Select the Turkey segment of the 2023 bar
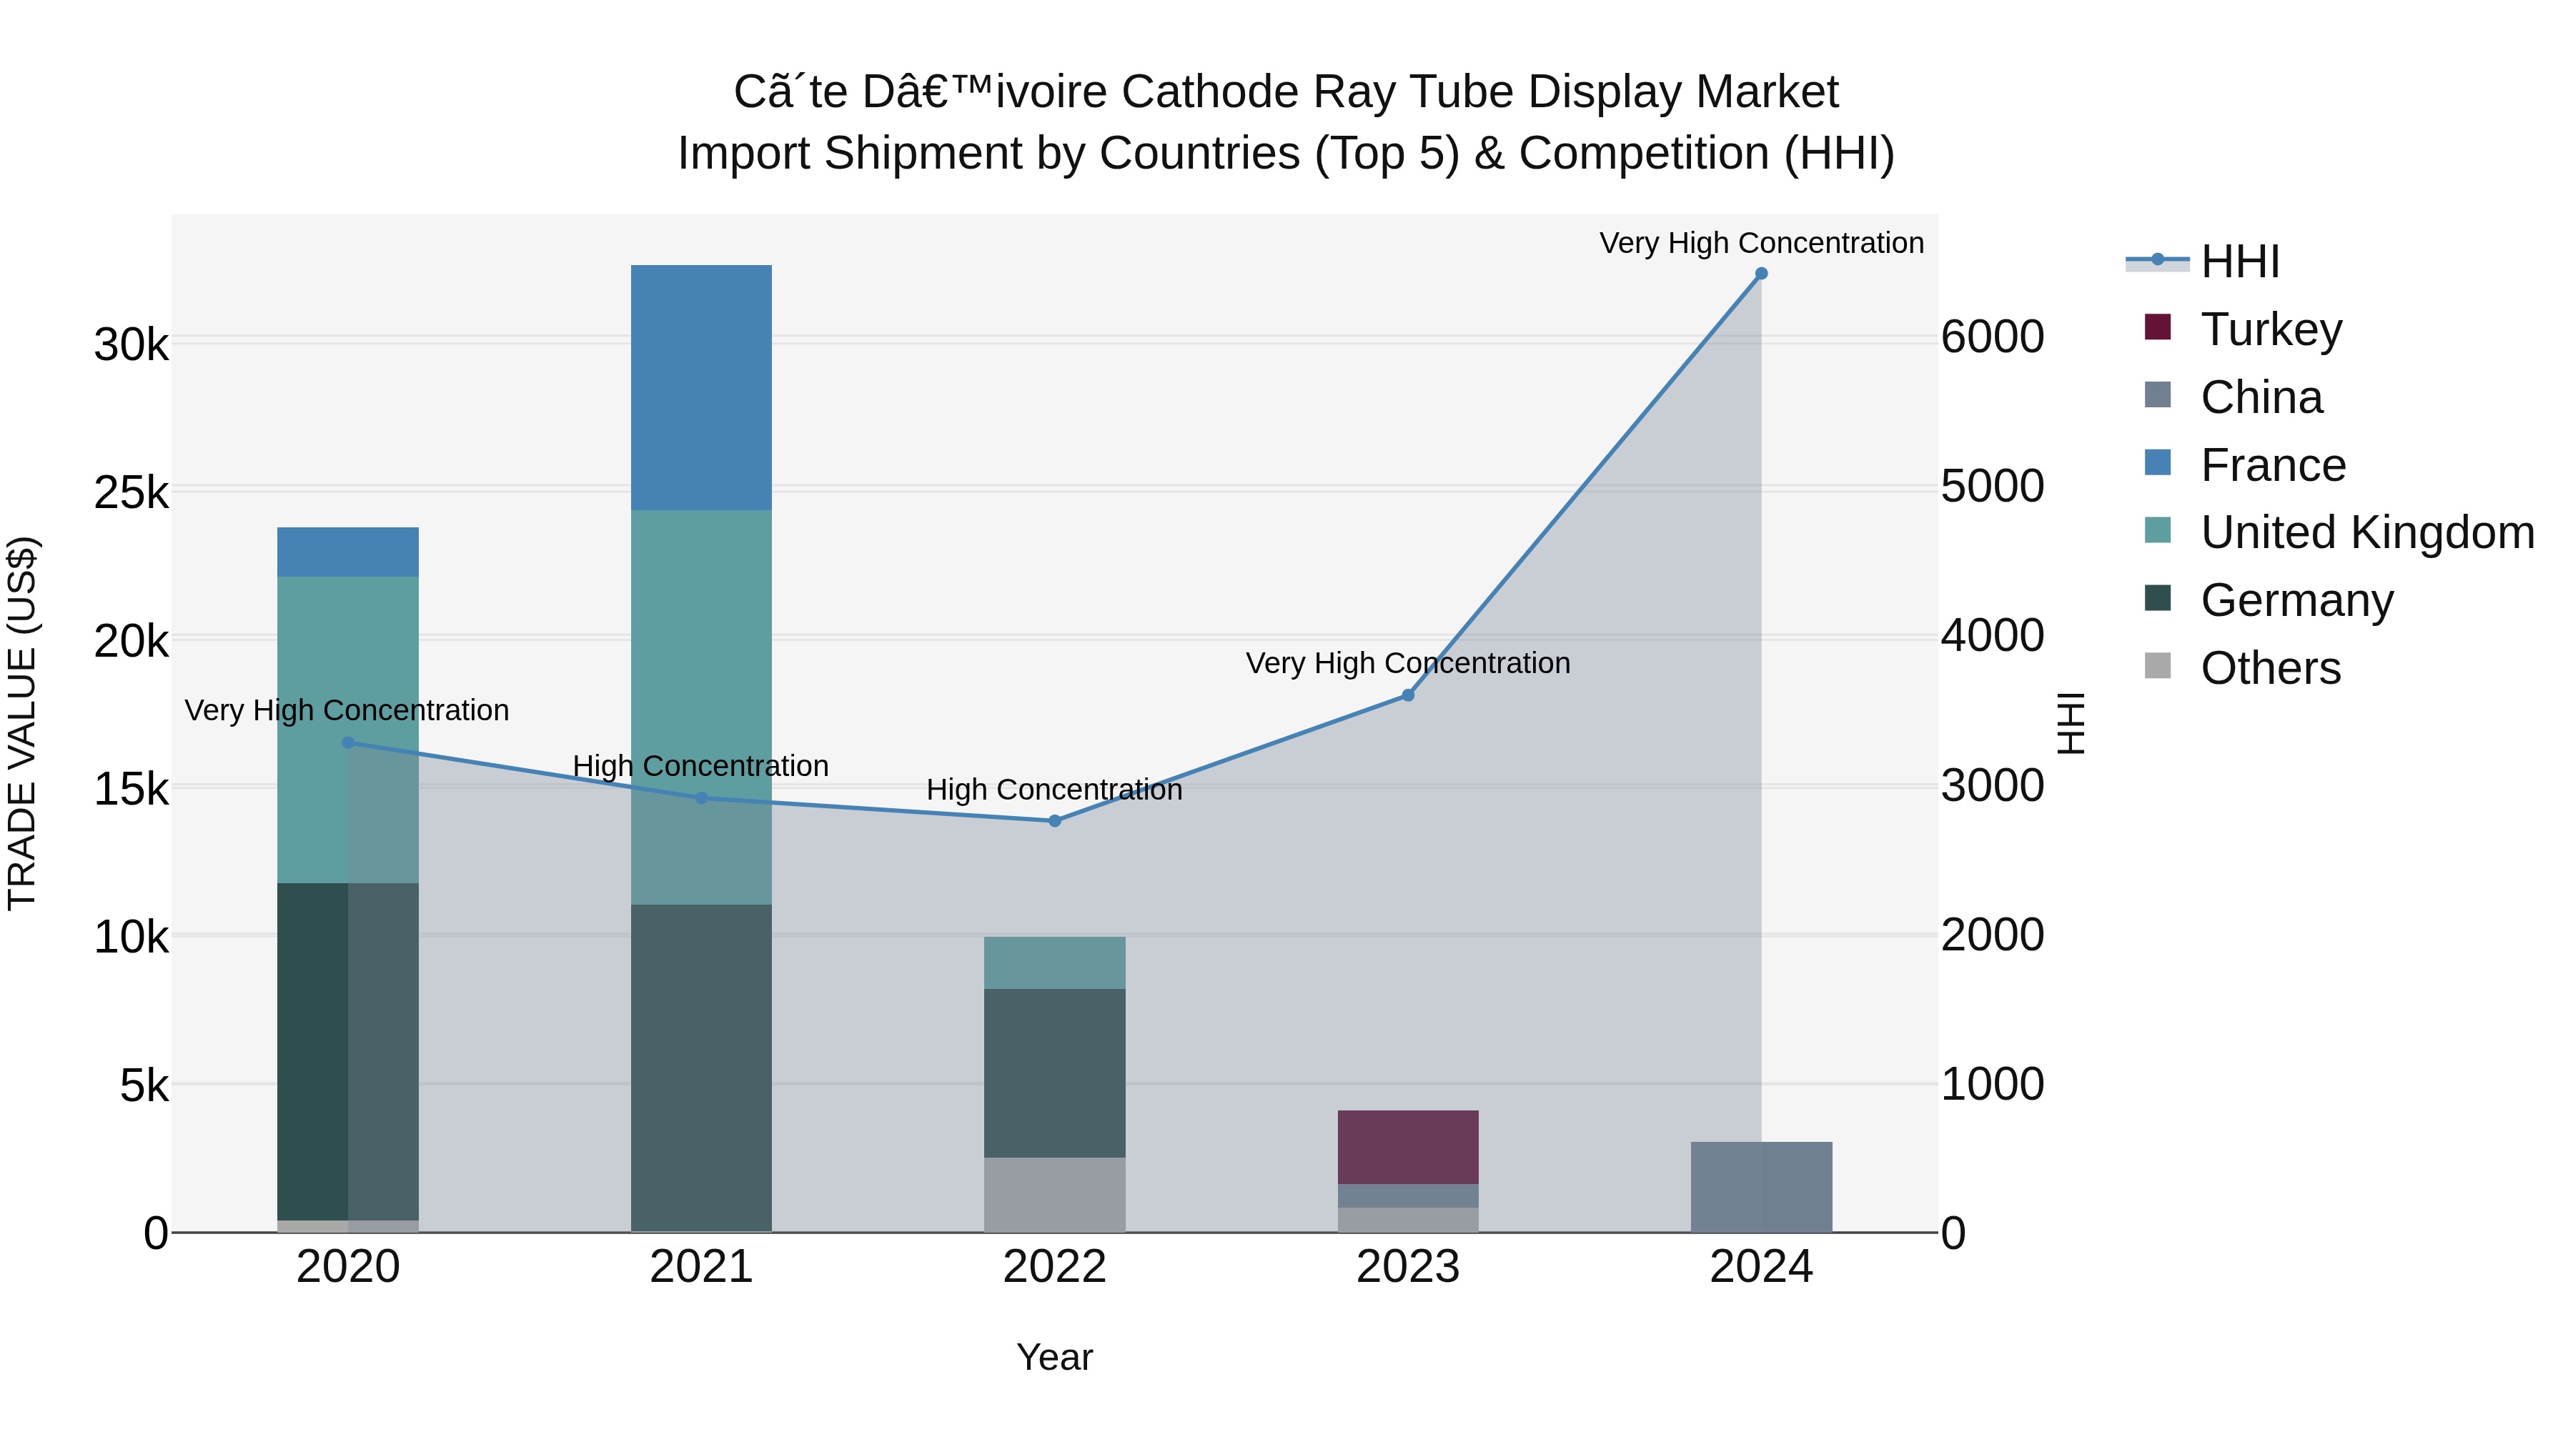[1407, 1146]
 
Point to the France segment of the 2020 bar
[347, 552]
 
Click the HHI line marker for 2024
[1761, 274]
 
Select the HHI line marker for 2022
[1055, 821]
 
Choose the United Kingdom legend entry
[2366, 532]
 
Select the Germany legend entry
[2296, 600]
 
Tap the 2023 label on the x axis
[1407, 1267]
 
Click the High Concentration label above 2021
[700, 766]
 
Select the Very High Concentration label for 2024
[1761, 243]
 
